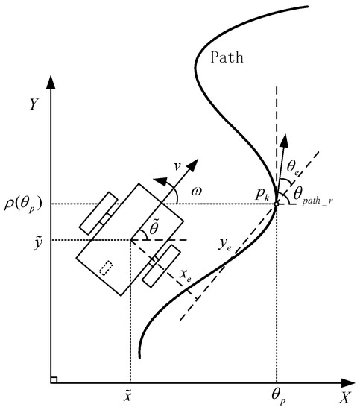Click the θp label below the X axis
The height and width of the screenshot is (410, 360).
(x=279, y=397)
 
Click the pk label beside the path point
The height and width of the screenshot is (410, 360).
(x=261, y=195)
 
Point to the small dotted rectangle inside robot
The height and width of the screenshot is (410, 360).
(x=107, y=268)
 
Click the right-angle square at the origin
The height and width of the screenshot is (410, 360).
(x=53, y=379)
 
